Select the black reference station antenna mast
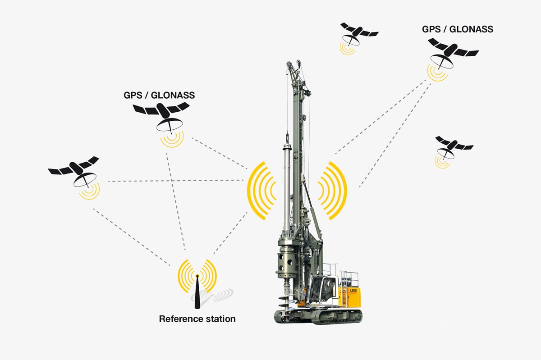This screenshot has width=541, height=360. click(197, 293)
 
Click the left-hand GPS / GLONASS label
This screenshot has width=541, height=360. click(159, 96)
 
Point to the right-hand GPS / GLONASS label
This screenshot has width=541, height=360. click(458, 29)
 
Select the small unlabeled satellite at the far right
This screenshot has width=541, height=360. click(453, 146)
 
